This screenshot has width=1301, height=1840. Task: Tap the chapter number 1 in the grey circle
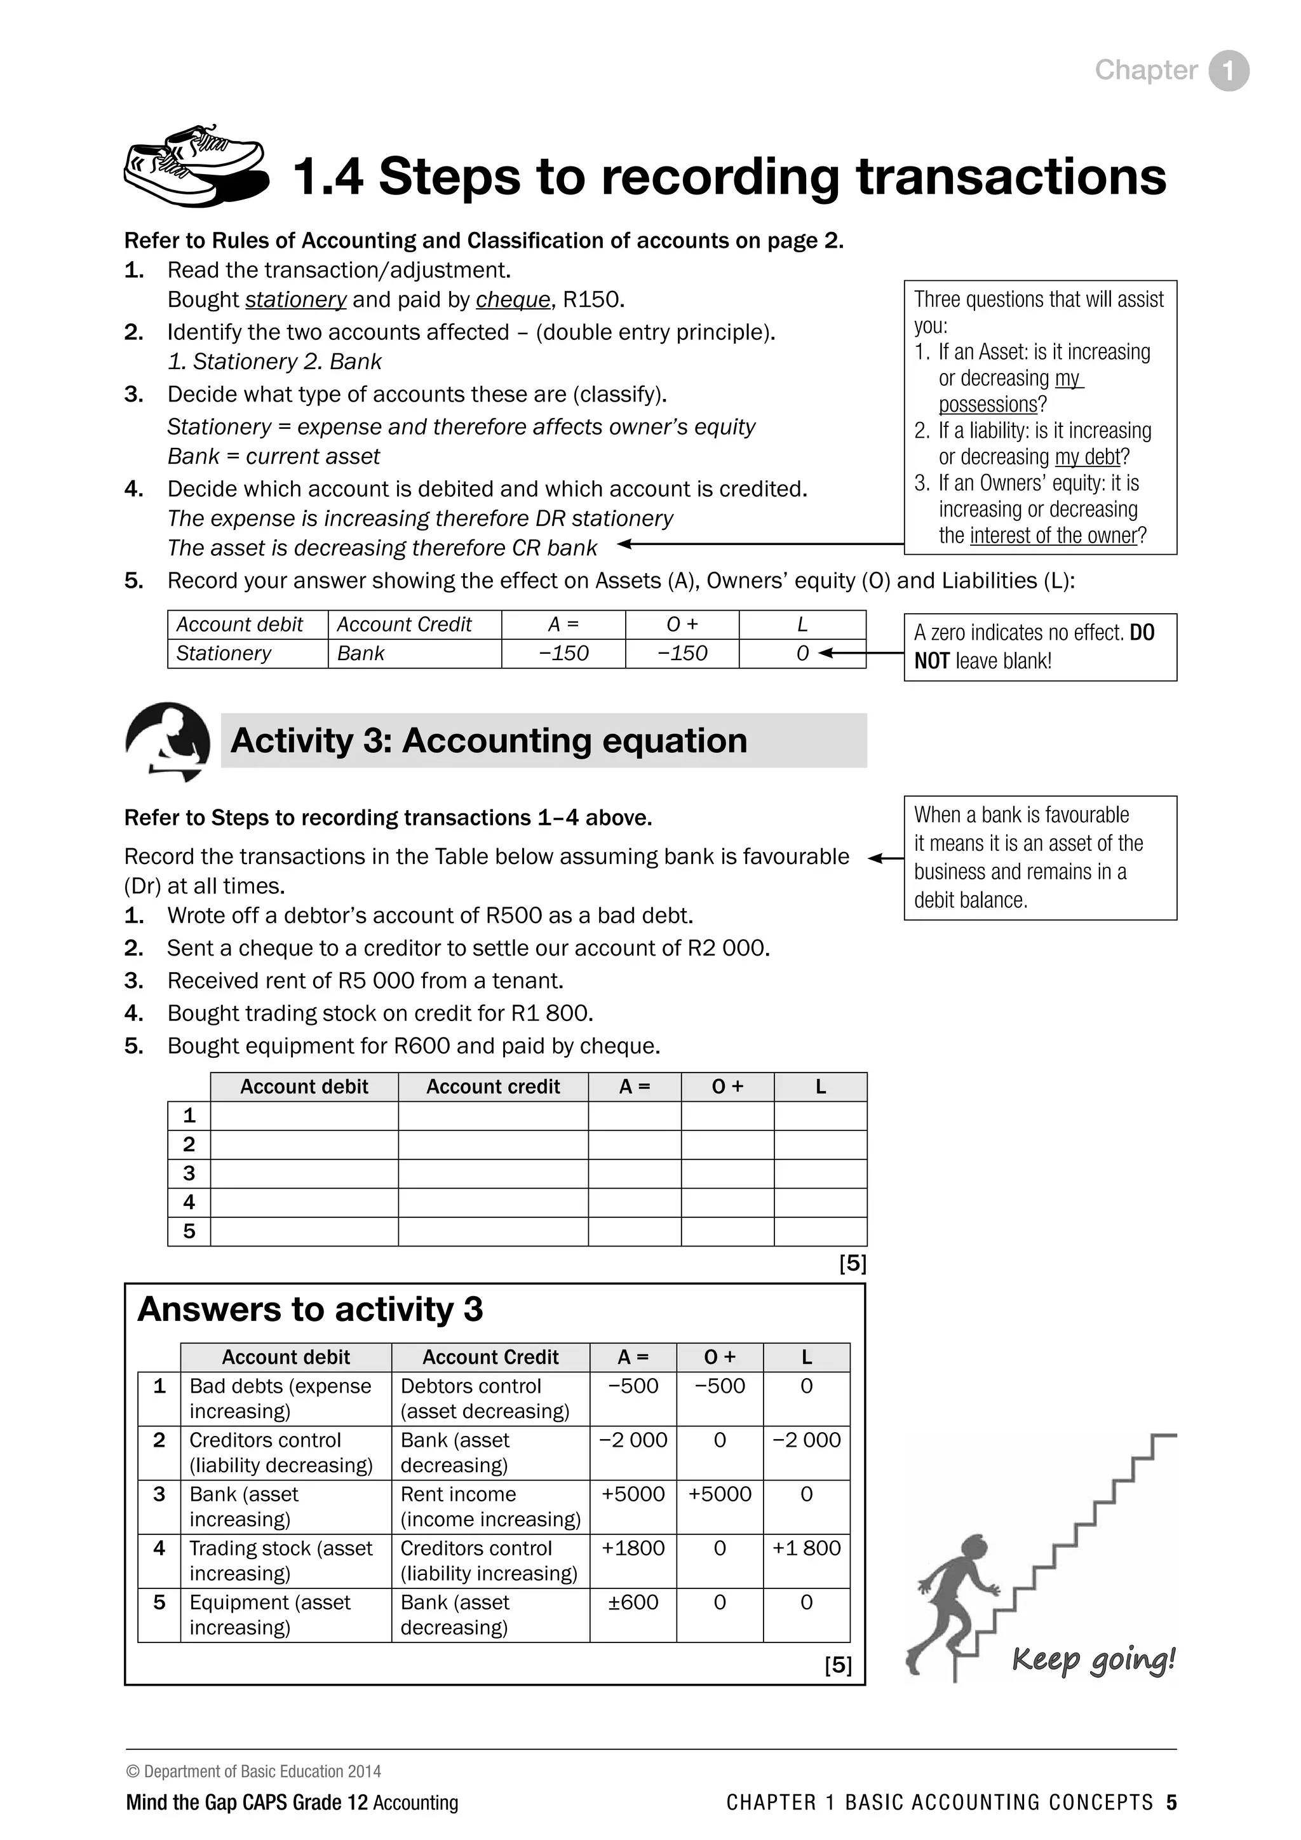[x=1229, y=71]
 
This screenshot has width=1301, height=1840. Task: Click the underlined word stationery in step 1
[x=295, y=300]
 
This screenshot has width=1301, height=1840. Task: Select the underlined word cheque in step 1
[x=513, y=300]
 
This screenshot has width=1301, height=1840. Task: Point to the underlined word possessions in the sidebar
[x=988, y=404]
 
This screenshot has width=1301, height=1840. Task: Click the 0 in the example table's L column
[x=802, y=653]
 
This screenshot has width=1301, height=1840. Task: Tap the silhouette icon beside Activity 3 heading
[x=168, y=740]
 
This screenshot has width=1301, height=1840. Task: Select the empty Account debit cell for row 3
[x=304, y=1174]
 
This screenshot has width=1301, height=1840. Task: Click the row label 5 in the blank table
[x=189, y=1231]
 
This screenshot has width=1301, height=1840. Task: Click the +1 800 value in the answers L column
[x=806, y=1548]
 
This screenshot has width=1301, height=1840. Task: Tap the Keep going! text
[x=1093, y=1658]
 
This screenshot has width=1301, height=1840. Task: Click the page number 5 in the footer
[x=1171, y=1803]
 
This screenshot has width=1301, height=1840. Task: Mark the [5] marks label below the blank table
[x=853, y=1263]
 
